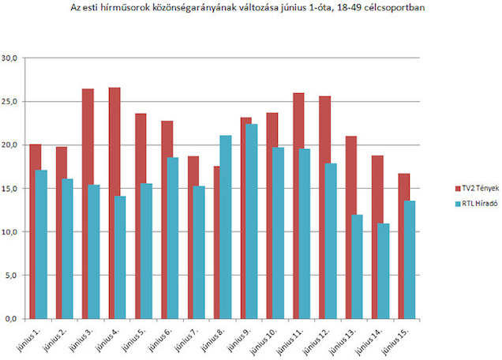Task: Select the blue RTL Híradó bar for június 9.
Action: (x=252, y=221)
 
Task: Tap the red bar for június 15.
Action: (x=403, y=246)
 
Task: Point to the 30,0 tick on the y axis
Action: (x=13, y=58)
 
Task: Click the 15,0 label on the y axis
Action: (x=13, y=189)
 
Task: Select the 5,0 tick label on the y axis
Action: (x=14, y=276)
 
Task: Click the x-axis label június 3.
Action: (x=81, y=339)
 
